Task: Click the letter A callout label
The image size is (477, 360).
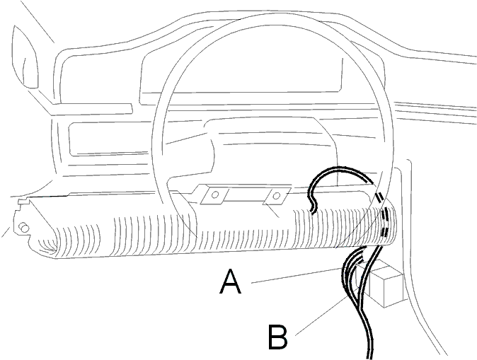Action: click(230, 282)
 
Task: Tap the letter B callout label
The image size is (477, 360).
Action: click(277, 337)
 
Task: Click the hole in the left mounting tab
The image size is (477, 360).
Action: click(215, 194)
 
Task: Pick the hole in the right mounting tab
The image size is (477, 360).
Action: click(276, 196)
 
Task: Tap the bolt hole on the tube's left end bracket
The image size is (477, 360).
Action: click(24, 227)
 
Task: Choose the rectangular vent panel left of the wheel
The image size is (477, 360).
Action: click(111, 139)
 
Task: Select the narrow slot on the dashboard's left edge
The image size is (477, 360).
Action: click(93, 109)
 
